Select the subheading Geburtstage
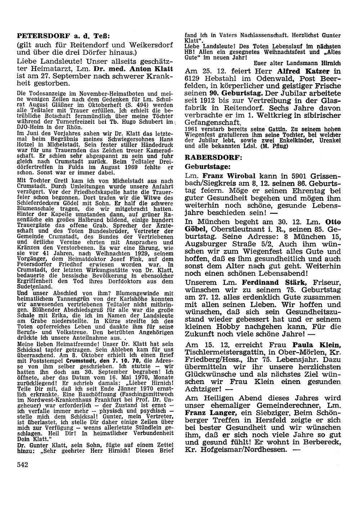tap(207, 167)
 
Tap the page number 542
tap(23, 464)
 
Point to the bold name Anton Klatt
tap(151, 68)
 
